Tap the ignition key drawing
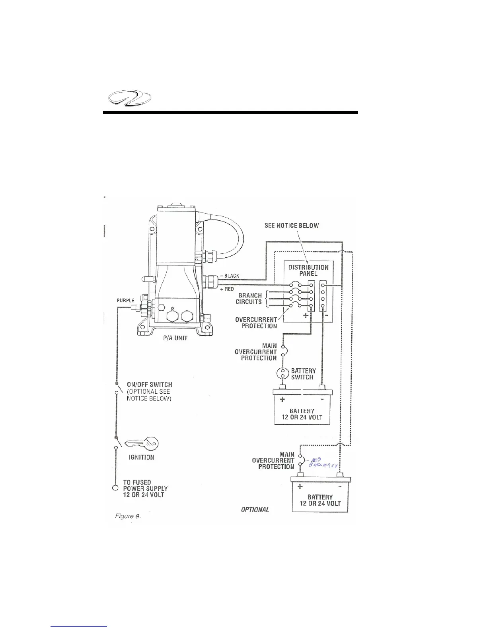[141, 443]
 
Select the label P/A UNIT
[175, 338]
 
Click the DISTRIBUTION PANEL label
[308, 270]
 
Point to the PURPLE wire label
[125, 300]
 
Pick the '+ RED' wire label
[226, 289]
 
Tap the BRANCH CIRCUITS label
[250, 299]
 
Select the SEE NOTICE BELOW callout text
[292, 226]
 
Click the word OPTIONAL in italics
[255, 509]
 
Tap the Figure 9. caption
[125, 517]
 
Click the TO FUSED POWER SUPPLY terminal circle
[115, 488]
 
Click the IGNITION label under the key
[141, 457]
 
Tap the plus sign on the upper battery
[282, 399]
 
